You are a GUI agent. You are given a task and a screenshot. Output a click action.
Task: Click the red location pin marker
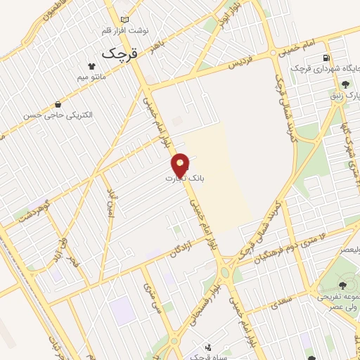pos(181,165)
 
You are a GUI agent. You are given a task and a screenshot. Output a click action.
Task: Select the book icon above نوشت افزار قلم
pos(125,20)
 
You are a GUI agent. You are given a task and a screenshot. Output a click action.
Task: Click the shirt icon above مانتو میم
pos(90,62)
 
